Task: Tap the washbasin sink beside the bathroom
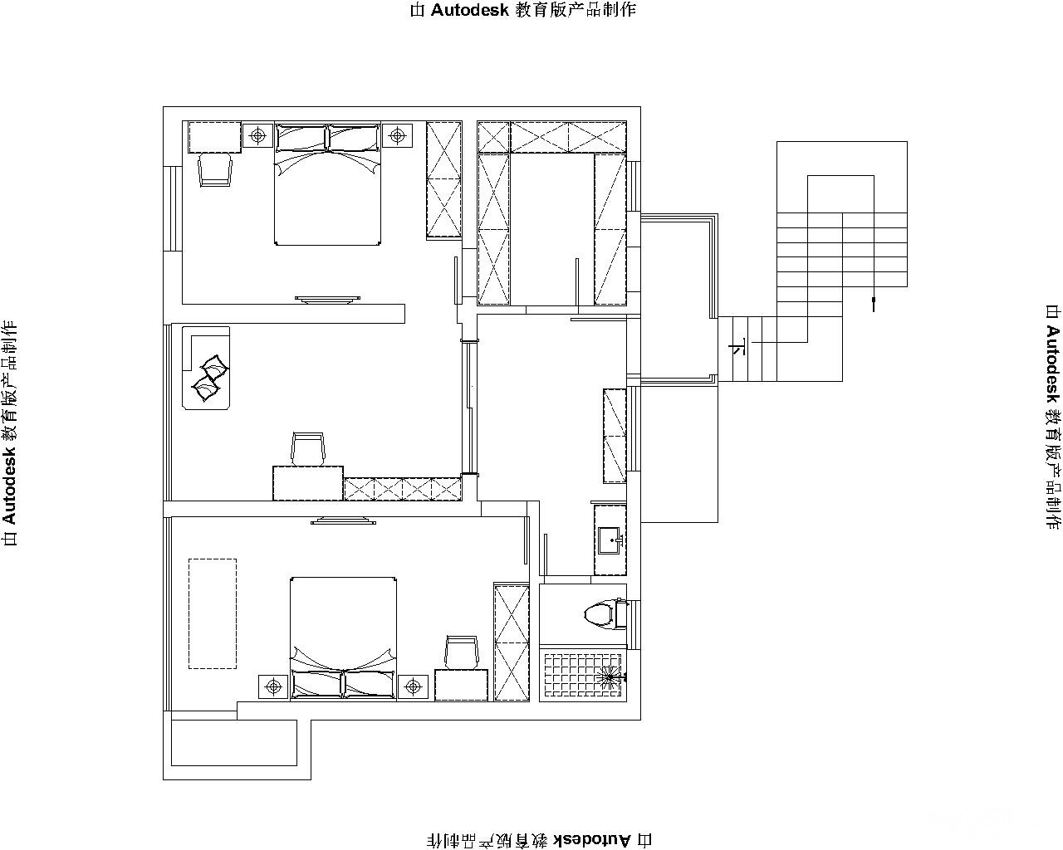point(610,541)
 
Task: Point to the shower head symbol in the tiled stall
point(610,677)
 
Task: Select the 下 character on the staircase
point(737,347)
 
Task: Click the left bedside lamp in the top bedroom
point(257,134)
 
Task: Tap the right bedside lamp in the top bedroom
point(397,134)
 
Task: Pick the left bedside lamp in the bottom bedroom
point(273,687)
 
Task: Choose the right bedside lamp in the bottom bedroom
point(413,687)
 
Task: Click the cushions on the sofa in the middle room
point(209,379)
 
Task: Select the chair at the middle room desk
point(308,449)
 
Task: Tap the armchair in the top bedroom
point(215,169)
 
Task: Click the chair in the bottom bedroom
point(462,652)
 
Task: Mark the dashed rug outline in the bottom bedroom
point(213,613)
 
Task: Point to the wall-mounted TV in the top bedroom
point(327,299)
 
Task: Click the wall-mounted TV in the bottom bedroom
point(343,520)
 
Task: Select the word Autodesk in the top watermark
point(470,10)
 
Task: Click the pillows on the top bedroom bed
point(327,138)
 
